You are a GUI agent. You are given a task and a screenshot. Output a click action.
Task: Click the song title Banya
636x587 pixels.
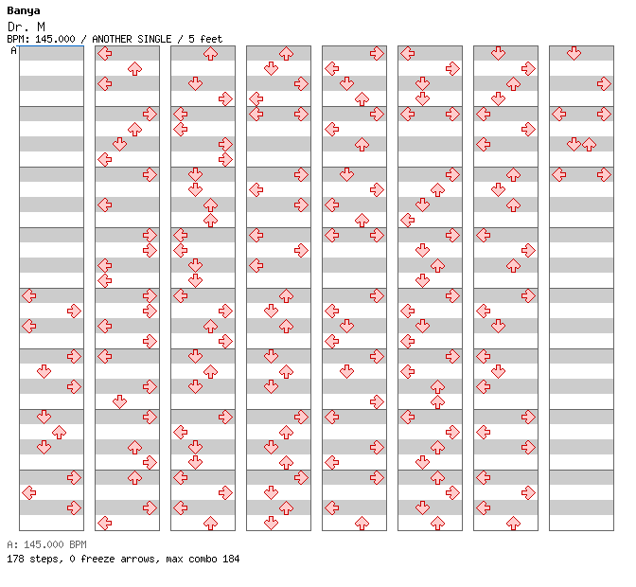coord(24,11)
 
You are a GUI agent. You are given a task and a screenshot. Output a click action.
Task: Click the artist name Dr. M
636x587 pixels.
coord(26,27)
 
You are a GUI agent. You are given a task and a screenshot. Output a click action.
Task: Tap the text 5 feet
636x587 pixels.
coord(205,39)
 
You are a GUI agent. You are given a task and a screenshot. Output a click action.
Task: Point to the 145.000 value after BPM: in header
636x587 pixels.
coord(55,39)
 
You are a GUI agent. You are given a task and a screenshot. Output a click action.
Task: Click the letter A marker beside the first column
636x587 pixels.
coord(14,50)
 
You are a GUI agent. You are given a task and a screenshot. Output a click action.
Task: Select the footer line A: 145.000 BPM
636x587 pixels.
coord(46,544)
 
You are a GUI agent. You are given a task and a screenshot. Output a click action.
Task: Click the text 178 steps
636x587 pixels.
coord(34,559)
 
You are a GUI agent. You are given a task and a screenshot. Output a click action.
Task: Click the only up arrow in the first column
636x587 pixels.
coord(60,433)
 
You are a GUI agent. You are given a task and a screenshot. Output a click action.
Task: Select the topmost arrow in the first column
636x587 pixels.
coord(29,295)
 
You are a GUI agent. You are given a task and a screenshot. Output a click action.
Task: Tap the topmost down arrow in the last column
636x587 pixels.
coord(574,53)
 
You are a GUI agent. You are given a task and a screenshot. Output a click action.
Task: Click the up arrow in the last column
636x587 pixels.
coord(589,144)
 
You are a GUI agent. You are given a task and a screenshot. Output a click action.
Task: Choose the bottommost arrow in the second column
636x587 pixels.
coord(105,524)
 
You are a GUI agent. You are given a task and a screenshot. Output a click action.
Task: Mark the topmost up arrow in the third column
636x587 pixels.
coord(210,53)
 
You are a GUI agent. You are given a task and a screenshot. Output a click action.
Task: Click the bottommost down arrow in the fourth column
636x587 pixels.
coord(271,524)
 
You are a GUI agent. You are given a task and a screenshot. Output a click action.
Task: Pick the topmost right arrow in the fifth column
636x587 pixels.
coord(377,53)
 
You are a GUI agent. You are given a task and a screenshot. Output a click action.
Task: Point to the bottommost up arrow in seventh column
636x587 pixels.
coord(514,524)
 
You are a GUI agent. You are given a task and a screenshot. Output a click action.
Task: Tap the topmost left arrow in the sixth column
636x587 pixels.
coord(408,53)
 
